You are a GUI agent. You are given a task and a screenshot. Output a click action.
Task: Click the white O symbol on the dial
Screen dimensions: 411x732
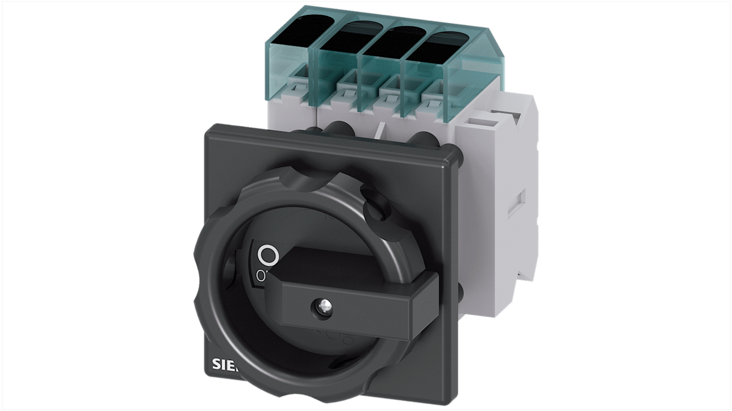pos(268,255)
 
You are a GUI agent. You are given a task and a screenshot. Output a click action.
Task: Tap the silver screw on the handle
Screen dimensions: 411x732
pos(317,307)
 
